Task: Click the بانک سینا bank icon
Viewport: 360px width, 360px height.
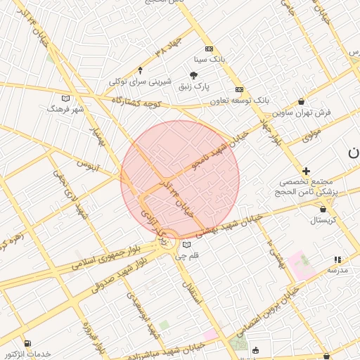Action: [x=209, y=49]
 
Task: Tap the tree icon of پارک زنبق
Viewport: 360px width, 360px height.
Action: [x=194, y=76]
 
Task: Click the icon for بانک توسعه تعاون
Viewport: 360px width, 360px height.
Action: [x=240, y=89]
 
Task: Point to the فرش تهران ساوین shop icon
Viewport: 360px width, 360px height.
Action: [x=302, y=101]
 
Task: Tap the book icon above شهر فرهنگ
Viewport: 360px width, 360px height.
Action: [x=66, y=98]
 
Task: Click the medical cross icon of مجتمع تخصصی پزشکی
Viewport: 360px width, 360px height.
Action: [x=306, y=171]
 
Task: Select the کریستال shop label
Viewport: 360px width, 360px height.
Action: [x=324, y=220]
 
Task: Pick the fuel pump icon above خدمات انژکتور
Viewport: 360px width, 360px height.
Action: [x=27, y=343]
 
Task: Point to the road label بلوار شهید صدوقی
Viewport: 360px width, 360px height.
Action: [x=124, y=278]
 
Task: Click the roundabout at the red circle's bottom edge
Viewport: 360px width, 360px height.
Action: [x=169, y=241]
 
